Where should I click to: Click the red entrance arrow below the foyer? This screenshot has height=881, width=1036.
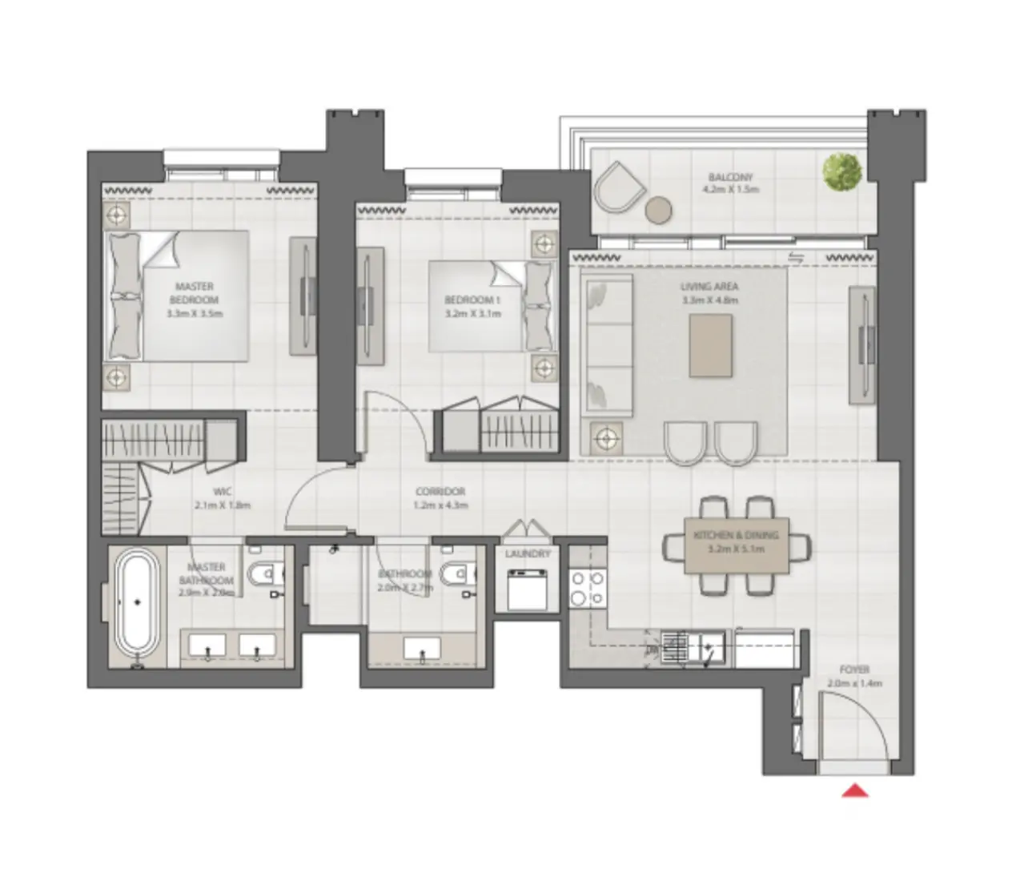point(856,791)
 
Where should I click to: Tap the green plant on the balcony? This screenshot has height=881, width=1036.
point(842,171)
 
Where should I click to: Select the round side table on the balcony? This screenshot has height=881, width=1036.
point(660,210)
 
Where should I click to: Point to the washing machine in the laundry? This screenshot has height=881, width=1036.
point(528,590)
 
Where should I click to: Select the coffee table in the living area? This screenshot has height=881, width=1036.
point(710,344)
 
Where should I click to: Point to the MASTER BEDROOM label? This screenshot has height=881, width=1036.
point(194,292)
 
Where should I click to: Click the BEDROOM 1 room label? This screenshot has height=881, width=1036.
point(472,300)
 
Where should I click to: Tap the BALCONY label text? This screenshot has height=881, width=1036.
point(730,177)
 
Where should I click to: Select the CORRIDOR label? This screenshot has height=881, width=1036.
point(440,492)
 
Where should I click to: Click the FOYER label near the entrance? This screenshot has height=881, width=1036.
point(855,670)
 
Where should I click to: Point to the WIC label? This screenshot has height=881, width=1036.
point(222,493)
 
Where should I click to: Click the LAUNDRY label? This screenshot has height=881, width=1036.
point(528,554)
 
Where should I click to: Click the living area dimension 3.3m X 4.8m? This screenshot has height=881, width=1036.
point(709,300)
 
